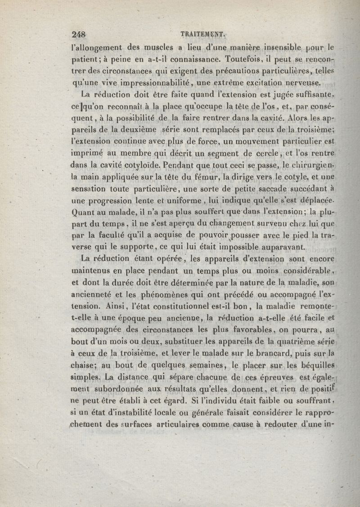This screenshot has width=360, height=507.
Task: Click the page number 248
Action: pos(79,34)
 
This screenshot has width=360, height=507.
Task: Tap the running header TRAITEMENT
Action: pos(202,33)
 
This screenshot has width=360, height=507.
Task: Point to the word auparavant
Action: pos(281,247)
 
